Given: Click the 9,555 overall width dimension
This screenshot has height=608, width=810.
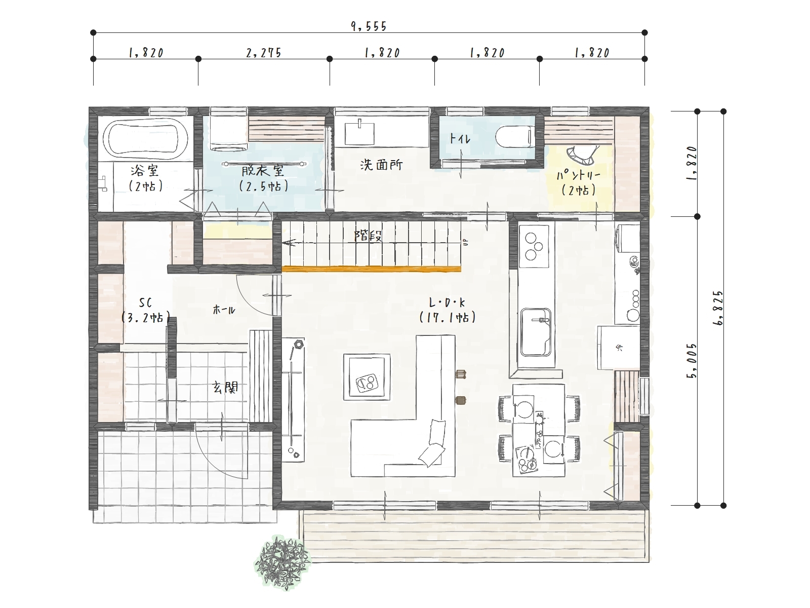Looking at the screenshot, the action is [x=369, y=26].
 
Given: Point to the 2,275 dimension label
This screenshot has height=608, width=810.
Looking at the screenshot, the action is [x=264, y=53].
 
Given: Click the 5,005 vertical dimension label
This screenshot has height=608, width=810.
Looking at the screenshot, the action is [x=693, y=361].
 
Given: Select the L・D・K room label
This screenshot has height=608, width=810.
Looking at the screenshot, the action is [x=447, y=302].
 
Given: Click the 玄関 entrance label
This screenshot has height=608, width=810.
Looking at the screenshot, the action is [x=225, y=387].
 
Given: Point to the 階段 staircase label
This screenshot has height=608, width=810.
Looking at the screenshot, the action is [x=368, y=236].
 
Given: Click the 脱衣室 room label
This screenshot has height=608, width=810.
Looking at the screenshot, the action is [x=263, y=171].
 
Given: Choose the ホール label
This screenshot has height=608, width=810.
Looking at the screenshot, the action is [x=224, y=310].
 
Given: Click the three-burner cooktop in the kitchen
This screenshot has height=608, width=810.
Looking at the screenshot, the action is [x=534, y=246].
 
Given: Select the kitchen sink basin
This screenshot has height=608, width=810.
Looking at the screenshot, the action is [x=536, y=332].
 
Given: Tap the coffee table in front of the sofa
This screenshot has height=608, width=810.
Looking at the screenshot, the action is [x=367, y=376].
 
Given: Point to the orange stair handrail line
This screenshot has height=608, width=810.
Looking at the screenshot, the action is [x=372, y=269].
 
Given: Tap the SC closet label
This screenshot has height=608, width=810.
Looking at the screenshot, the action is [x=145, y=303].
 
